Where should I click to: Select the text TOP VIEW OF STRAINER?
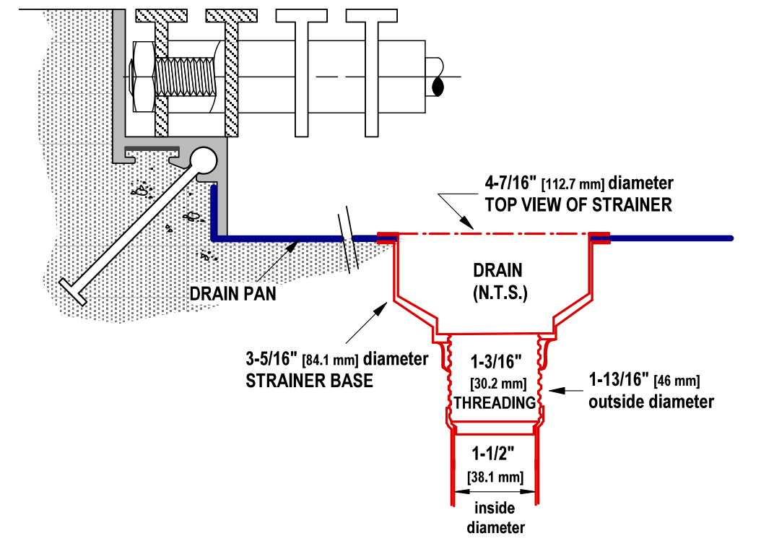[x=578, y=204]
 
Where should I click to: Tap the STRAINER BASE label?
[x=310, y=380]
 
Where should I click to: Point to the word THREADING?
[x=495, y=402]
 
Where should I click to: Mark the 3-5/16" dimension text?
[x=275, y=359]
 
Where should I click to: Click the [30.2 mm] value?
[x=495, y=381]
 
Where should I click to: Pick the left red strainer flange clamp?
[x=388, y=238]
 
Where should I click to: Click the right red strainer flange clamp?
[x=601, y=238]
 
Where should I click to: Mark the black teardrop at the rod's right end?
[x=437, y=86]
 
